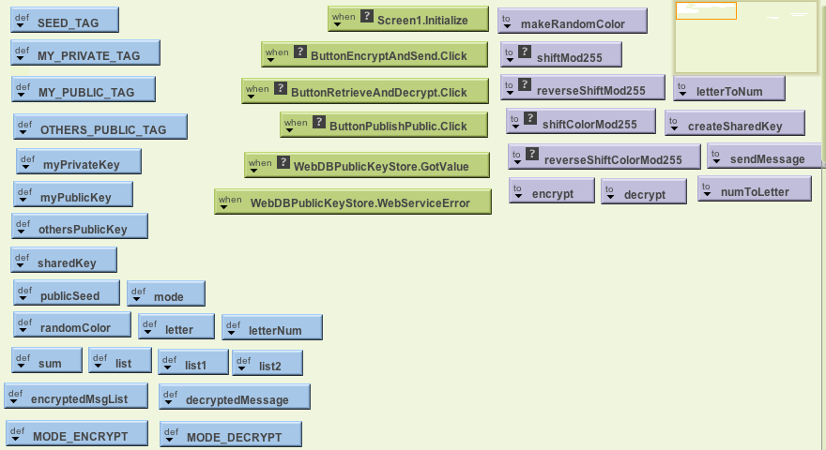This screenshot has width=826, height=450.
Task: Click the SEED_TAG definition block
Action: (65, 21)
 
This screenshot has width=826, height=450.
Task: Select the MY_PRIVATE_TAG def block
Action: (85, 54)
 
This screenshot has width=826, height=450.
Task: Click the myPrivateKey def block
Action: (79, 163)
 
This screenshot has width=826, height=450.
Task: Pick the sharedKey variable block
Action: (64, 262)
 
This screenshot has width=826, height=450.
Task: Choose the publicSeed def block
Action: (68, 294)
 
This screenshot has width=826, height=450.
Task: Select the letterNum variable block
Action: (272, 328)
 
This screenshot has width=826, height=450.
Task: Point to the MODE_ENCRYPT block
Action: (77, 435)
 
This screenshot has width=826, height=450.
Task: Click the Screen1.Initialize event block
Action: (408, 19)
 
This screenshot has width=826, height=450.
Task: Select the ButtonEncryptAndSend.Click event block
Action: (375, 54)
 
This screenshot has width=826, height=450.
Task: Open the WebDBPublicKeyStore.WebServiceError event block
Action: (353, 202)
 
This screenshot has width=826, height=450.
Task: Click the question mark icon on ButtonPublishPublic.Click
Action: (319, 123)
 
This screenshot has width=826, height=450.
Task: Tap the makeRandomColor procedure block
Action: (572, 22)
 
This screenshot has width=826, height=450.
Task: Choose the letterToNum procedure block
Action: (728, 90)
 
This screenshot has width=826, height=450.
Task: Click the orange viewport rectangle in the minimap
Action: (706, 11)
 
